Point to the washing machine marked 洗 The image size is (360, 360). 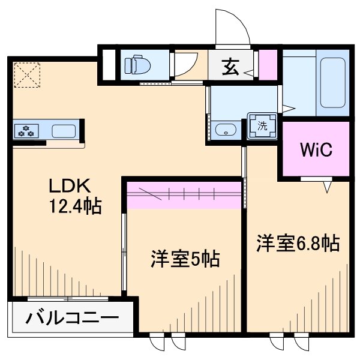pyautogui.click(x=262, y=126)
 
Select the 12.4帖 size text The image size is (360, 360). pyautogui.click(x=74, y=207)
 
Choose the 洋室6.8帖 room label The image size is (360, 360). pyautogui.click(x=298, y=243)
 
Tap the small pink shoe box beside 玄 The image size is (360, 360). pyautogui.click(x=268, y=65)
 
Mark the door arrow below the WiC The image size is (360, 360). pyautogui.click(x=328, y=188)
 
